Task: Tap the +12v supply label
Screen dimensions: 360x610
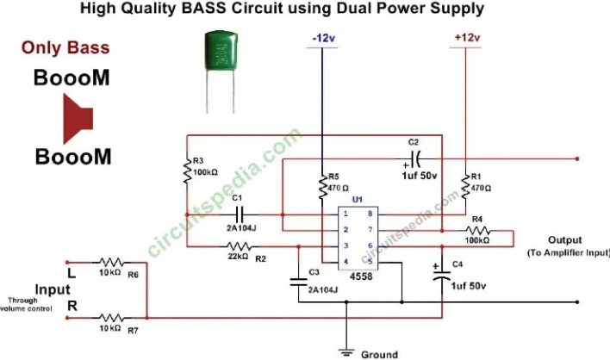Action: [465, 39]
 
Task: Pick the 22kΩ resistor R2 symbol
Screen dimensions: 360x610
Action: [240, 246]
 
